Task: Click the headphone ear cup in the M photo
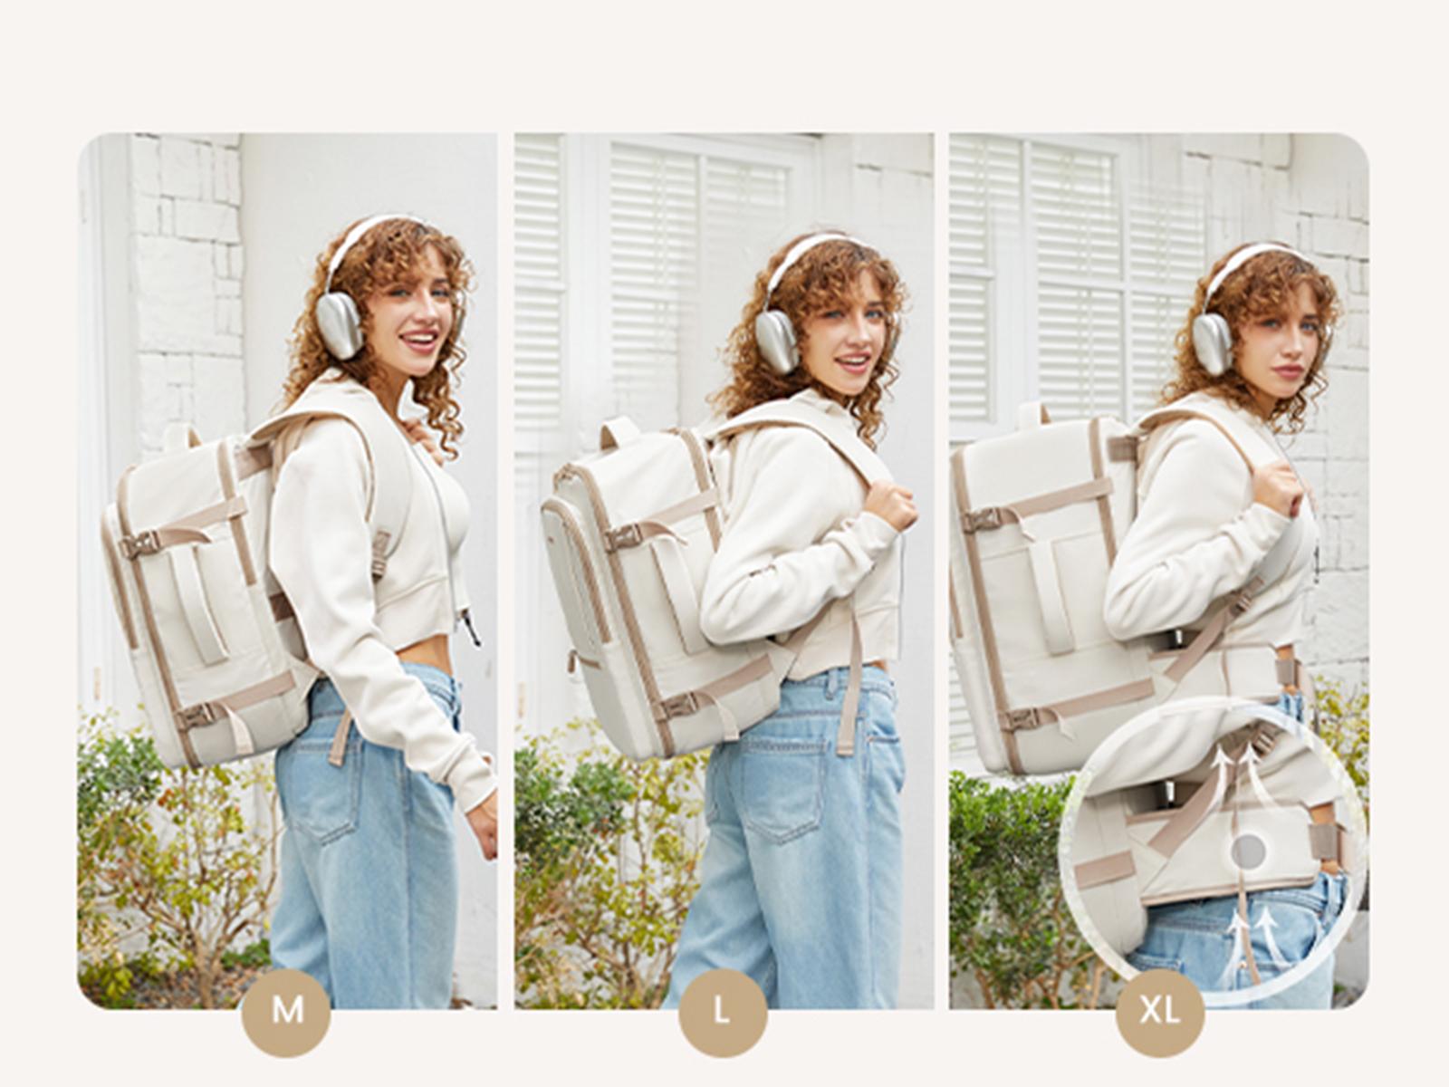click(342, 327)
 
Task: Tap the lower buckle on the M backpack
click(197, 715)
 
